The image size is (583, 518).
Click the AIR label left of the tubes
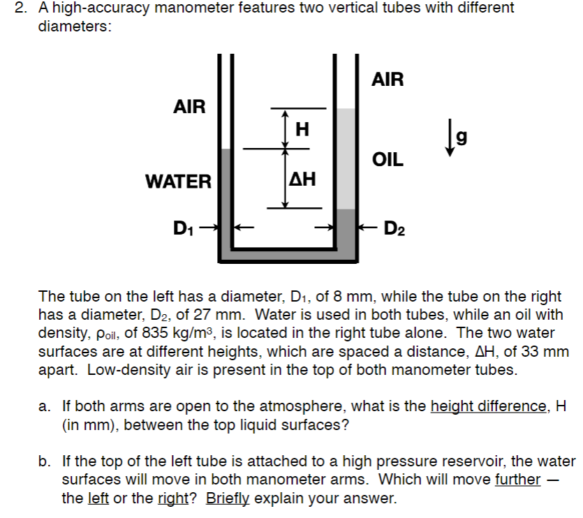[x=189, y=107]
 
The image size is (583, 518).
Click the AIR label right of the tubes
[x=388, y=79]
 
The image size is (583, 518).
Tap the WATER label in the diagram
[x=178, y=182]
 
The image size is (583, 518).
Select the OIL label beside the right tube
[x=388, y=160]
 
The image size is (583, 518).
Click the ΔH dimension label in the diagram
[x=302, y=180]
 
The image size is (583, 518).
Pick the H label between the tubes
[x=302, y=128]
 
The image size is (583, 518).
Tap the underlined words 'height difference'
[x=486, y=406]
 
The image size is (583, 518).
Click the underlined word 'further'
[x=517, y=480]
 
